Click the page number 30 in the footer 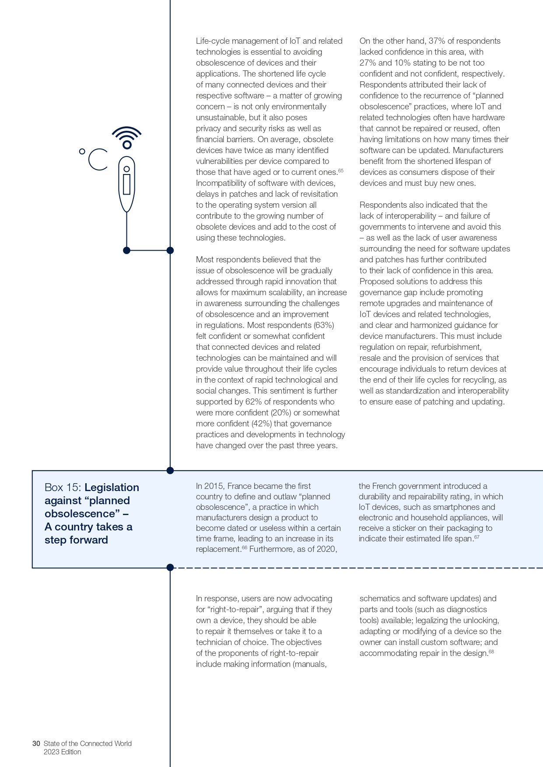36,743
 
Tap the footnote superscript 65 341,171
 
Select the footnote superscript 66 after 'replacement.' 245,547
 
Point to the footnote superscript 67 477,537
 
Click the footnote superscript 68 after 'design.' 491,652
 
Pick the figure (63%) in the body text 324,325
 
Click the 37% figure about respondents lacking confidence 436,41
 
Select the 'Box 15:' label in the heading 63,488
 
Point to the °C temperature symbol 94,159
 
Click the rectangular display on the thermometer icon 127,184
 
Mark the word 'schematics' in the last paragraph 378,599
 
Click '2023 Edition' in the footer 62,752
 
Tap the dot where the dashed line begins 170,568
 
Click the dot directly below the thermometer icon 126,251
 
